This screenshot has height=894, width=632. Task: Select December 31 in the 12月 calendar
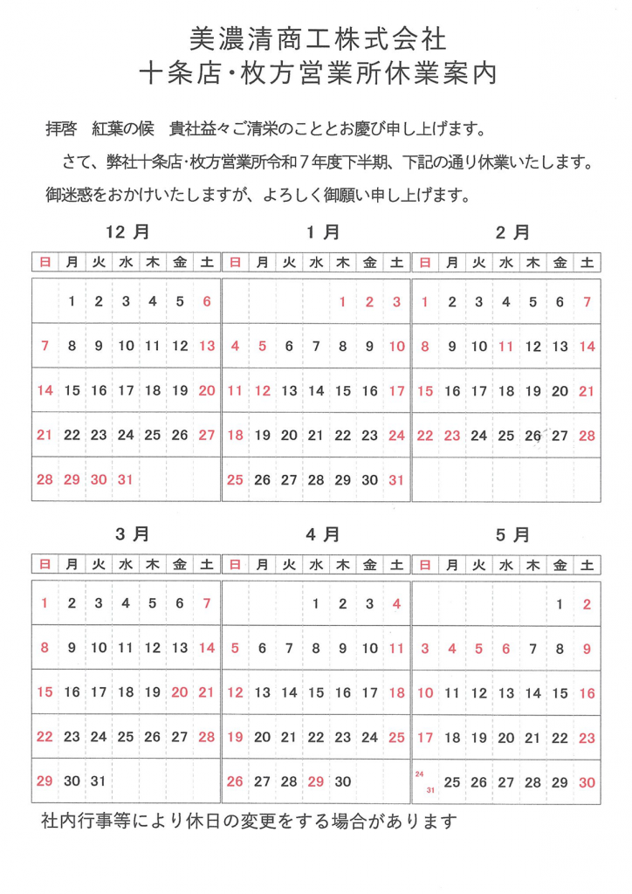coord(126,479)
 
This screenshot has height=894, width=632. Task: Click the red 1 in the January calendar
coord(343,302)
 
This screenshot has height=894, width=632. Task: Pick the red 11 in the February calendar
coord(505,347)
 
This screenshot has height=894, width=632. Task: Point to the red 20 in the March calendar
coord(180,691)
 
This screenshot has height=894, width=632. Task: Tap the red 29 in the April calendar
coord(315,781)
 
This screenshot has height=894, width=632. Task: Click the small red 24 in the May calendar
coord(420,774)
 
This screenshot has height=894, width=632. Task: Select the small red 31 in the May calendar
coord(430,790)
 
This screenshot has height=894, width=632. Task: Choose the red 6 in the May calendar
coord(505,648)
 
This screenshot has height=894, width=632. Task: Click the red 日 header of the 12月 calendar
coord(45,261)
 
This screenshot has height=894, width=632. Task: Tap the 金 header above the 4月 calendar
coord(369,564)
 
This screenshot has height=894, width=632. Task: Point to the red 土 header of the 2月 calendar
coord(587,261)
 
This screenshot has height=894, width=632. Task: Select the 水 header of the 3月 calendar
coord(126,564)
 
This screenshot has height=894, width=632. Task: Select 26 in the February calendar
coord(532,436)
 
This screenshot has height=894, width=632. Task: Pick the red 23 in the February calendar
coord(452,436)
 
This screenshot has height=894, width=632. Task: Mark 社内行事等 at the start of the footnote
coord(83,822)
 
